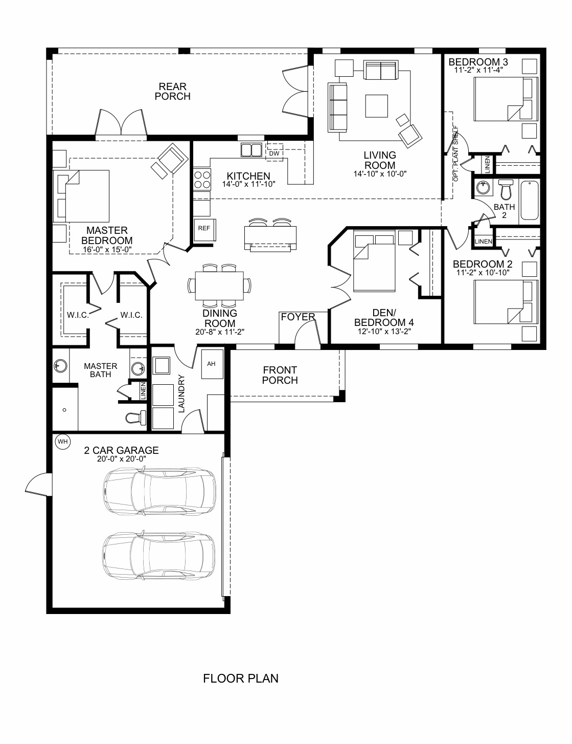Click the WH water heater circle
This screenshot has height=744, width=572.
tap(62, 441)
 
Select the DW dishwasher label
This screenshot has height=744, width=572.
tap(274, 154)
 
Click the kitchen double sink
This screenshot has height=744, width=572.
tap(251, 150)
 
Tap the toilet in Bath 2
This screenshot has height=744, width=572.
tap(506, 189)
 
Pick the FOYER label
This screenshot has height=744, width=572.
tap(298, 317)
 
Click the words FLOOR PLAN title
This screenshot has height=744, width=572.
tap(241, 679)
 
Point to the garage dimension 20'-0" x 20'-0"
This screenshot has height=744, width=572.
tap(121, 459)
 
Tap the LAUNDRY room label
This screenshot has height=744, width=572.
tap(181, 393)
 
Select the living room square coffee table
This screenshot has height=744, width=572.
tap(376, 106)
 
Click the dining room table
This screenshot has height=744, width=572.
tap(219, 286)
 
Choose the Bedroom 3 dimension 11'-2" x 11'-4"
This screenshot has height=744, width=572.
tap(478, 70)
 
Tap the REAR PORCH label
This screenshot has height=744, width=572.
tap(172, 92)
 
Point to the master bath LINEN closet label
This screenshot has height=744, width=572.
tap(143, 390)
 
